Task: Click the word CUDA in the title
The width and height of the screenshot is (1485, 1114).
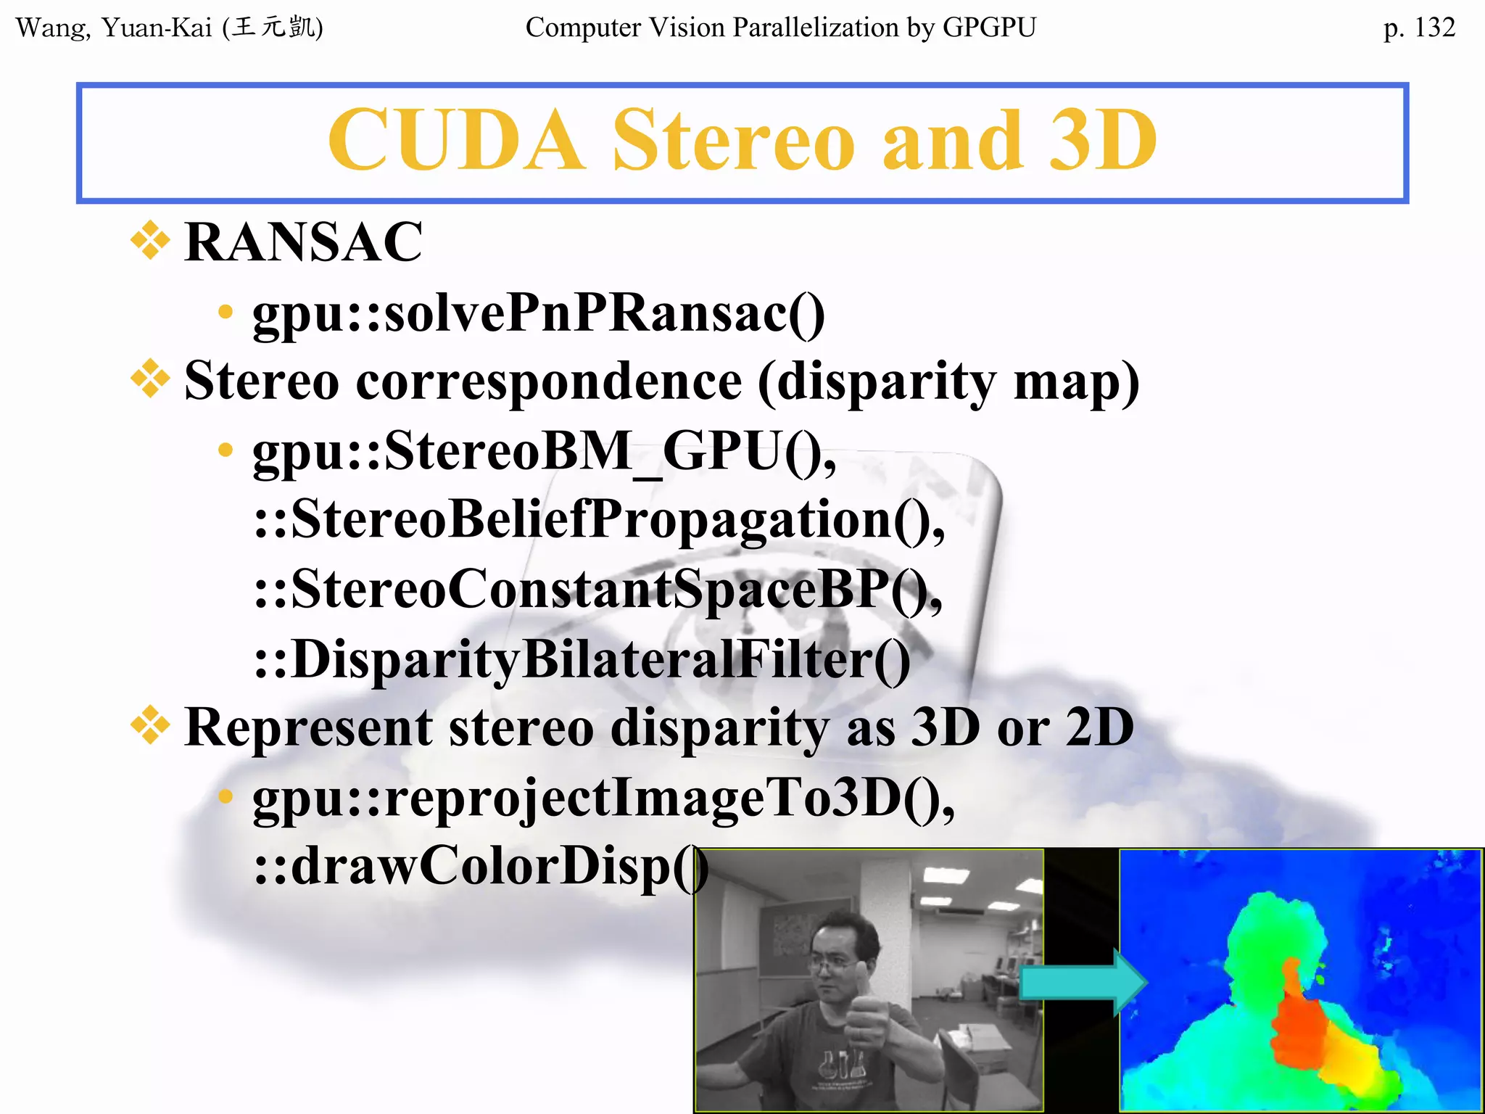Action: click(x=455, y=140)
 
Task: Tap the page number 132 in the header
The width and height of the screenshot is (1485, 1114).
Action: click(x=1434, y=28)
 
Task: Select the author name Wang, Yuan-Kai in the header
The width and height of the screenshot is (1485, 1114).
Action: click(x=114, y=28)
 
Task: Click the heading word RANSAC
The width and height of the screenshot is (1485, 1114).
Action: click(x=303, y=242)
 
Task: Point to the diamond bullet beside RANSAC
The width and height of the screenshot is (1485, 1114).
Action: click(x=150, y=240)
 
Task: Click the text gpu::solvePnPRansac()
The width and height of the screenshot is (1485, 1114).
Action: click(x=538, y=313)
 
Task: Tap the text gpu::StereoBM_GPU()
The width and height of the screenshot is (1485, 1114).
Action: click(x=544, y=452)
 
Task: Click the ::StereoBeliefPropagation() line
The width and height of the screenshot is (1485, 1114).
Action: click(x=599, y=520)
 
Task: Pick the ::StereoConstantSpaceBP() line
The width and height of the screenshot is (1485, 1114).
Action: click(x=597, y=589)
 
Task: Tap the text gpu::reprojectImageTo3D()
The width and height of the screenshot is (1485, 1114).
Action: click(x=603, y=799)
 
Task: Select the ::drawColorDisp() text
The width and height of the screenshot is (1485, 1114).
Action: click(x=480, y=867)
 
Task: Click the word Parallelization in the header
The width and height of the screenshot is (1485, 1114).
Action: click(x=815, y=28)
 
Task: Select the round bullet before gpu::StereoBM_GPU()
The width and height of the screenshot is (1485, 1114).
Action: click(x=226, y=450)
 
